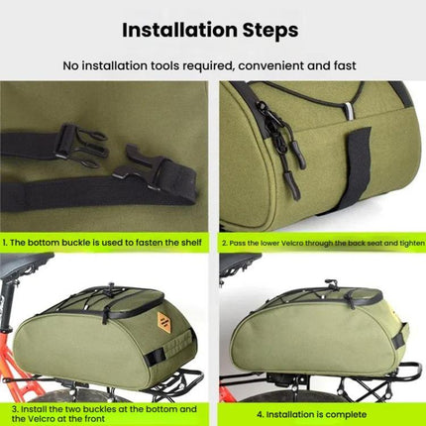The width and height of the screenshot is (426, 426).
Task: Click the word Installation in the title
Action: (x=179, y=30)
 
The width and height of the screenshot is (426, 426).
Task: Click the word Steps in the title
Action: (x=270, y=31)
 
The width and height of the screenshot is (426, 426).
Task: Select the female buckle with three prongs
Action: (x=81, y=145)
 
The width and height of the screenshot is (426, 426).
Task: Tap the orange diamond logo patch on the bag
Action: (x=164, y=321)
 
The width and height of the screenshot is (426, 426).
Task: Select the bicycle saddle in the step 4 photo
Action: (x=240, y=263)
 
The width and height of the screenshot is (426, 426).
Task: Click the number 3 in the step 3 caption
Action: (x=15, y=409)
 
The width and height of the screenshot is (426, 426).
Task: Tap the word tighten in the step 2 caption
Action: (x=412, y=244)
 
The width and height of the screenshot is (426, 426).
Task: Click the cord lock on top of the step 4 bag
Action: (x=331, y=283)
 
